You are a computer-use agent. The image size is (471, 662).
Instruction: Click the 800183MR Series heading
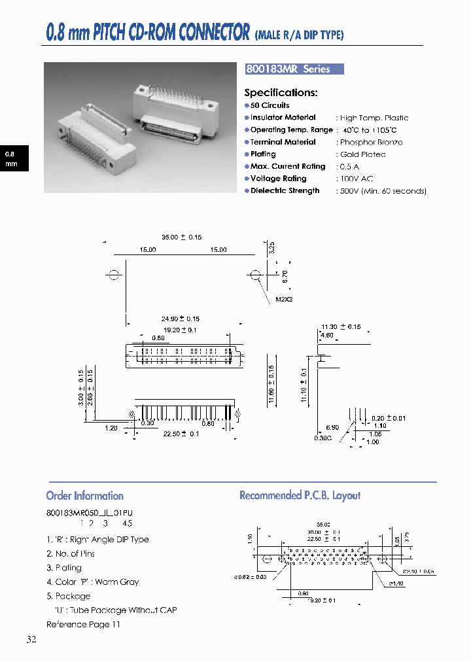(288, 69)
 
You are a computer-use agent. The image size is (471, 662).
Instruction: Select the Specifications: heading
(281, 93)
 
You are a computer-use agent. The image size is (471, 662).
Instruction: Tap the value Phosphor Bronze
(371, 142)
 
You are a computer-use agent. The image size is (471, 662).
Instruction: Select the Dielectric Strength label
(285, 191)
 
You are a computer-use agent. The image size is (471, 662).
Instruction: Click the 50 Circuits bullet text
(270, 105)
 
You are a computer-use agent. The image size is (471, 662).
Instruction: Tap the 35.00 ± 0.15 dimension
(181, 237)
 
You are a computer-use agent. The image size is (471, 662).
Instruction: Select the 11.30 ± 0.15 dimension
(341, 326)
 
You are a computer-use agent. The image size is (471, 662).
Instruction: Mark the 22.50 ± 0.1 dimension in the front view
(181, 434)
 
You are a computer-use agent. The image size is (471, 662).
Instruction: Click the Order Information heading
(85, 496)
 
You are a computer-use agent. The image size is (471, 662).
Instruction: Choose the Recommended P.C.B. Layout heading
(300, 496)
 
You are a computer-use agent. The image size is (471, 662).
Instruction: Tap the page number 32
(31, 640)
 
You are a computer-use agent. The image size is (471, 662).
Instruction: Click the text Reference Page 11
(83, 624)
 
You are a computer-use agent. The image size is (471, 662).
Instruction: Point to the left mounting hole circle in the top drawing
(114, 275)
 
